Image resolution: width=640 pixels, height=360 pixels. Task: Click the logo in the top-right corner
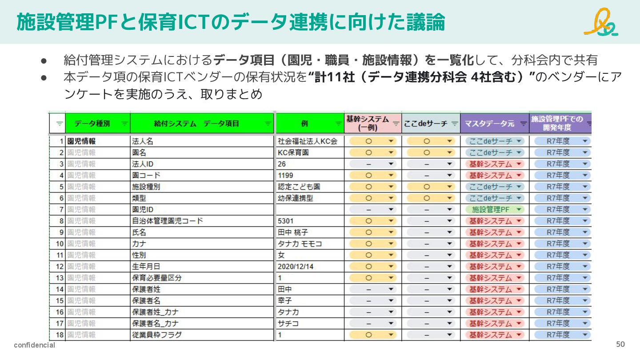coord(601,22)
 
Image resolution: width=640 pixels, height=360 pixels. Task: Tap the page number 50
coord(620,344)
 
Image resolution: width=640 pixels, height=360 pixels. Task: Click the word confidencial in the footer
coord(34,345)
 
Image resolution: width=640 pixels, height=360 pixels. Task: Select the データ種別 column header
coord(92,124)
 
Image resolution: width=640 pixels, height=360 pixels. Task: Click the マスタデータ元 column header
coord(489,124)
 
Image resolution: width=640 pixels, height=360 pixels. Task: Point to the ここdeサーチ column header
coord(425,124)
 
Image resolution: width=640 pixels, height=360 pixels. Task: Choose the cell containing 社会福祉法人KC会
coord(307,141)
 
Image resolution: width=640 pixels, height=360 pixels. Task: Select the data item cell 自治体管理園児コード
coord(167,221)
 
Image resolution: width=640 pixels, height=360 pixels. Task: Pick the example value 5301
coord(285,221)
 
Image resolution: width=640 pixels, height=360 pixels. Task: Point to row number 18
coord(60,335)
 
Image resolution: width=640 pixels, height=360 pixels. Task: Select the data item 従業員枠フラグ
coord(156,335)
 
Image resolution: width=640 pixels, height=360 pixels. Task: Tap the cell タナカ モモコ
coord(300,244)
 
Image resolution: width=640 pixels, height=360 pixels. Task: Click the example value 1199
coord(285,175)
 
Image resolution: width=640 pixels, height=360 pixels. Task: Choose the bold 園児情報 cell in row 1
coord(81,141)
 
